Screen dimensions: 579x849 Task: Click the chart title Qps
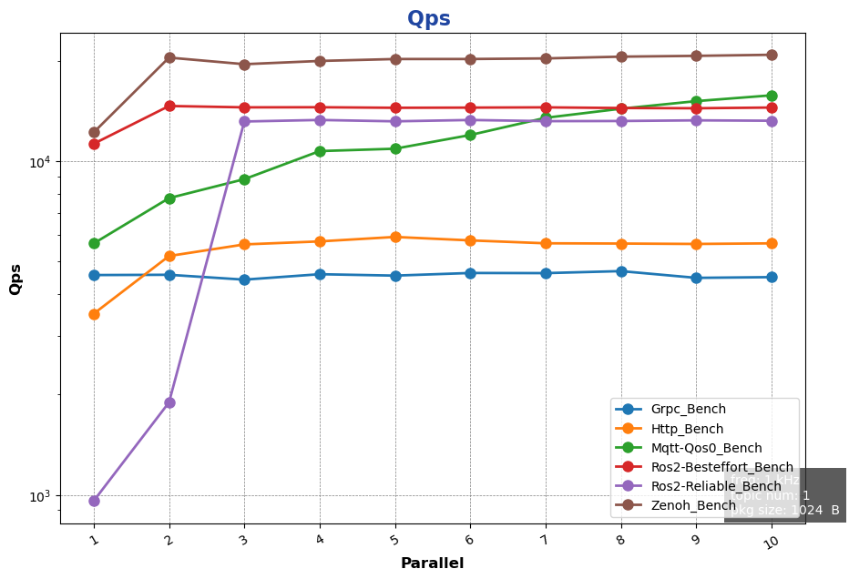(x=428, y=19)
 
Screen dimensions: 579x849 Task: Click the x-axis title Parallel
(x=432, y=564)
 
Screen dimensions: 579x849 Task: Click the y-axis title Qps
(x=15, y=279)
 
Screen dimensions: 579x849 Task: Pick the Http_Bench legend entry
(x=687, y=429)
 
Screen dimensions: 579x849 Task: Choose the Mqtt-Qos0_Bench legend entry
(x=706, y=448)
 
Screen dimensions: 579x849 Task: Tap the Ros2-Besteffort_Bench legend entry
(x=715, y=467)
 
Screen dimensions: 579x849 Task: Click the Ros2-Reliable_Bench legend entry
(x=711, y=486)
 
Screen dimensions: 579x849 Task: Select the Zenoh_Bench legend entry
(x=692, y=505)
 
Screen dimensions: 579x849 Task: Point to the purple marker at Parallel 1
(x=94, y=501)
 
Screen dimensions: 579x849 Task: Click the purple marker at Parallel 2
(x=169, y=402)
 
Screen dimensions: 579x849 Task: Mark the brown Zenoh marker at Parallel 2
(x=169, y=57)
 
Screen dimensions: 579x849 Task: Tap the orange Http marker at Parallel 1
(x=94, y=314)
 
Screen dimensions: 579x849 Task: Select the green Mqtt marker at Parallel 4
(x=320, y=151)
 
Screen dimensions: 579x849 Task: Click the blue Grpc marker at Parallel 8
(x=621, y=271)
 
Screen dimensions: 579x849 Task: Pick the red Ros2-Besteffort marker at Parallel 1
(x=94, y=144)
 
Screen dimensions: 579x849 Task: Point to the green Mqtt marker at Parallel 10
(x=772, y=96)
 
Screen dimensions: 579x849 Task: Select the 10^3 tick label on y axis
(x=40, y=496)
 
